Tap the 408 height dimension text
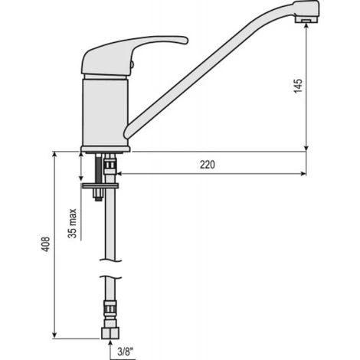click(47, 244)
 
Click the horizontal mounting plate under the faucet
click(99, 184)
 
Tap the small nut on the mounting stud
click(97, 196)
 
